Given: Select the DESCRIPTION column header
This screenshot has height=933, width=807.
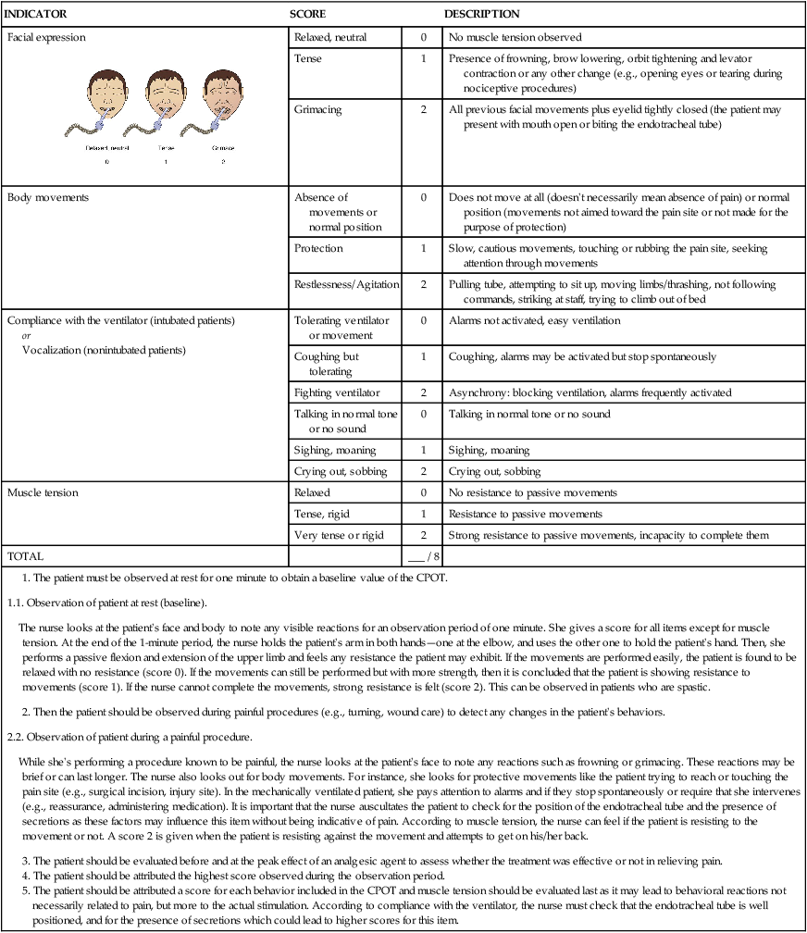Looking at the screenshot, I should tap(481, 15).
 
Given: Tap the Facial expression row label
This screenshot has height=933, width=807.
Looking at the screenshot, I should tap(46, 38).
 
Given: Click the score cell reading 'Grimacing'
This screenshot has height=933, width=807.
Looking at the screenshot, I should tap(317, 109).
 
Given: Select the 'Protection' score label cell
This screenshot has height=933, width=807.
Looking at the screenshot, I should tap(318, 249).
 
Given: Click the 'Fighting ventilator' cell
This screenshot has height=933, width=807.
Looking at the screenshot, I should tap(336, 392).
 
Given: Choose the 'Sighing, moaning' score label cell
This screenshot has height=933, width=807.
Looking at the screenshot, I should tap(335, 450).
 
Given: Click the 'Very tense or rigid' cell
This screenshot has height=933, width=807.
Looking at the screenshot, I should tap(340, 535).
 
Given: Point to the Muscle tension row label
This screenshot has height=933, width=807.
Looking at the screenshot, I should tap(43, 493).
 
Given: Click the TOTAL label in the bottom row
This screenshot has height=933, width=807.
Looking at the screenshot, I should tap(25, 557).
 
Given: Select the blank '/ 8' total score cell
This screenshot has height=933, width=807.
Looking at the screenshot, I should tap(423, 557).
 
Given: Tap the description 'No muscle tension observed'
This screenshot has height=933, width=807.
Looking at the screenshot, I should tap(515, 38).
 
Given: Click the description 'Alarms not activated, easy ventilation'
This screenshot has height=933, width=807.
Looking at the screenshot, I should tap(534, 320).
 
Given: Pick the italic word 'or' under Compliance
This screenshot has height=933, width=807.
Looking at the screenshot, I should tap(26, 335).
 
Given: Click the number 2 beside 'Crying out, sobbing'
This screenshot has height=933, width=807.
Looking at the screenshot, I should tap(424, 471).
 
